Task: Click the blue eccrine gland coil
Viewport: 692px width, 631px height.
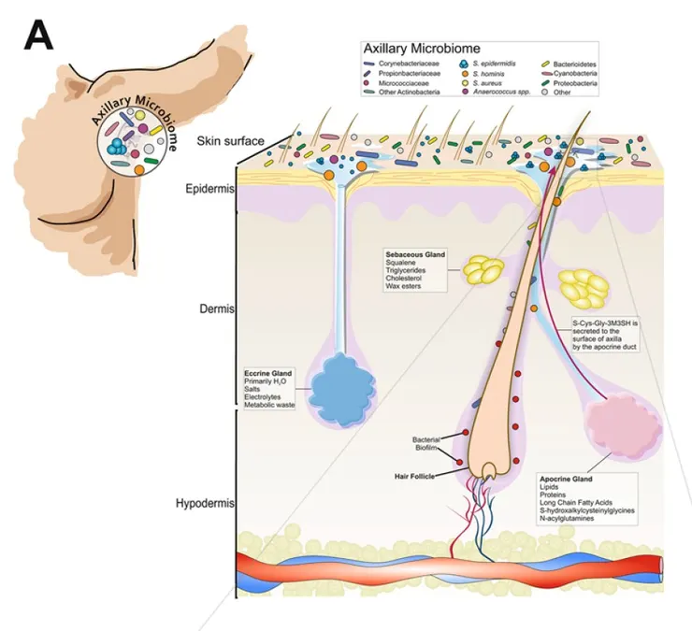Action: pyautogui.click(x=338, y=384)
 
